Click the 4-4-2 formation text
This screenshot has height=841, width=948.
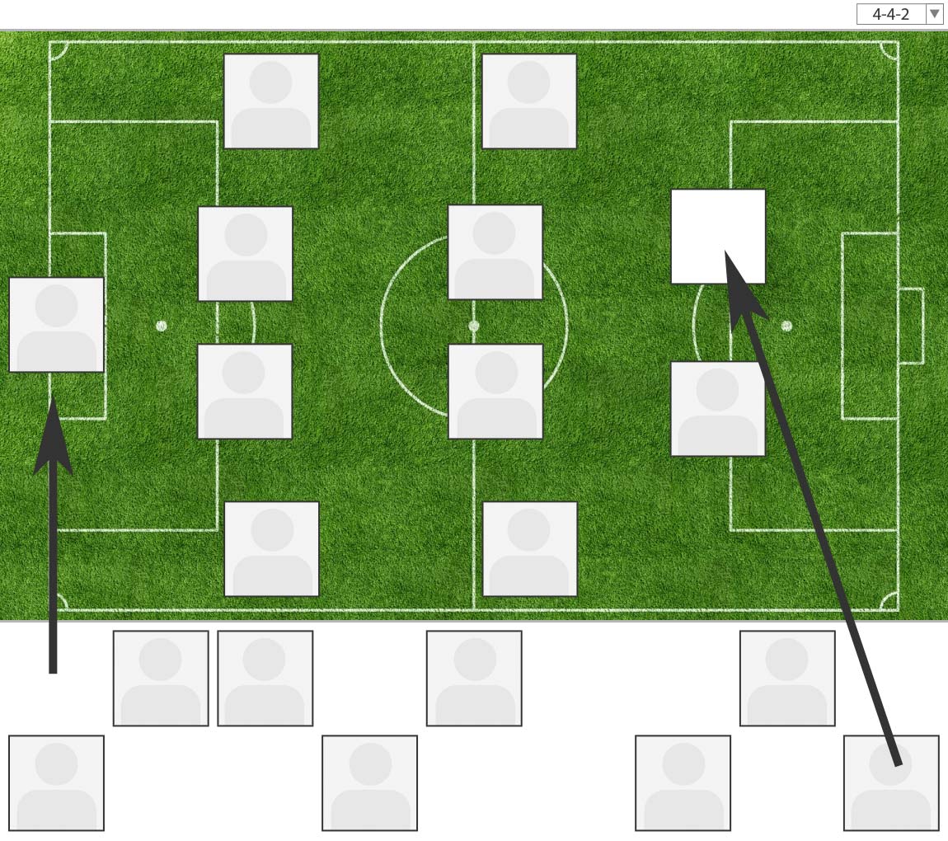click(x=890, y=14)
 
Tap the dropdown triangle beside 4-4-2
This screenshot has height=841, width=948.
click(x=934, y=14)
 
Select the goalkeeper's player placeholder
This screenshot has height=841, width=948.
click(x=56, y=325)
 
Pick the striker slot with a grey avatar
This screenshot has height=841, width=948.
click(x=717, y=408)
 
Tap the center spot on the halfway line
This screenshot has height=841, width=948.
click(x=474, y=326)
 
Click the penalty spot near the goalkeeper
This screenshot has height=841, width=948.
click(x=162, y=326)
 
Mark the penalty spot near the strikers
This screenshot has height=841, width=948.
click(x=786, y=326)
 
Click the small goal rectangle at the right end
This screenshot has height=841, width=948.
click(x=911, y=326)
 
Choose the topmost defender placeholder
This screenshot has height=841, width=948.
click(x=271, y=101)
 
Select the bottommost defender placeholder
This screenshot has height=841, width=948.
click(x=271, y=548)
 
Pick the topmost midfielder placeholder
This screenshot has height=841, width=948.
click(x=529, y=101)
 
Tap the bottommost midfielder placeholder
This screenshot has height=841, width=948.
click(x=529, y=548)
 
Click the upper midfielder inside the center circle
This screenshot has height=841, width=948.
click(x=495, y=252)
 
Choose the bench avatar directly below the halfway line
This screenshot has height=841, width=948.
click(x=474, y=678)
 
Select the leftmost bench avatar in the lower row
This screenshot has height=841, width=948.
click(x=56, y=782)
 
